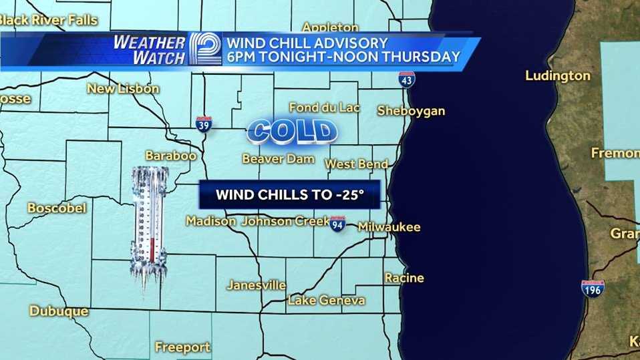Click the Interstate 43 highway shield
click(x=406, y=79)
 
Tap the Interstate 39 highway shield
click(x=204, y=124)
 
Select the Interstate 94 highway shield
click(x=337, y=224)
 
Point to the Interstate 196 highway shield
click(x=593, y=289)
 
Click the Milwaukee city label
click(x=389, y=227)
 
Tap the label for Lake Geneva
click(x=326, y=300)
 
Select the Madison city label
click(x=210, y=221)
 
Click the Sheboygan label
click(x=411, y=111)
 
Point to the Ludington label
click(x=558, y=75)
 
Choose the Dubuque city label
click(x=59, y=311)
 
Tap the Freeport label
click(x=182, y=347)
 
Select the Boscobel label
click(x=57, y=208)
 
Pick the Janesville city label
click(x=257, y=285)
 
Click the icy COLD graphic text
click(x=292, y=132)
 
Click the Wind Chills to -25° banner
click(x=289, y=195)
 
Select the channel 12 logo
click(x=204, y=49)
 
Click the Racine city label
click(x=404, y=278)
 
